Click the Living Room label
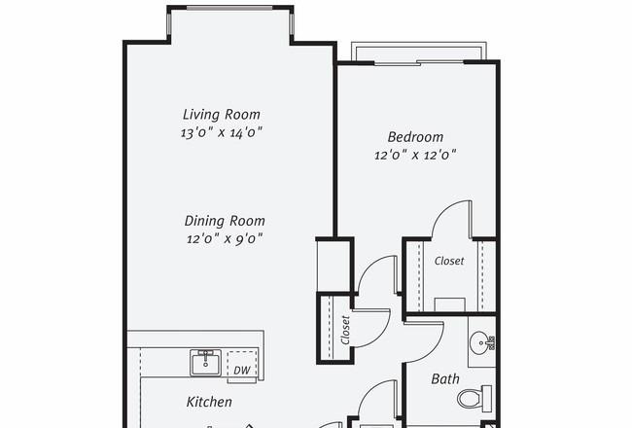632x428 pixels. (x=222, y=115)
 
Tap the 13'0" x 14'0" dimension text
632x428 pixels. (x=222, y=132)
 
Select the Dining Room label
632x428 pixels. (x=225, y=221)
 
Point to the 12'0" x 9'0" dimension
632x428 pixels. (x=225, y=239)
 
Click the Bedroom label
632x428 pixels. (x=415, y=137)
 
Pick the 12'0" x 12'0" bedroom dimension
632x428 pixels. (x=415, y=155)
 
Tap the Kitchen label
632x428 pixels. (x=209, y=402)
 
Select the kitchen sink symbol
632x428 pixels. (x=205, y=363)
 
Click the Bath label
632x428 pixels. (x=445, y=379)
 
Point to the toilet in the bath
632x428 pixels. (x=474, y=399)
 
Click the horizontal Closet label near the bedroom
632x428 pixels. (x=449, y=261)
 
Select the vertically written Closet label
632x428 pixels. (x=345, y=330)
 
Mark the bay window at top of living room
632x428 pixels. (x=230, y=8)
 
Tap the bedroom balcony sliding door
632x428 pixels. (x=419, y=62)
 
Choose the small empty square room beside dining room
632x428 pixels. (x=334, y=266)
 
